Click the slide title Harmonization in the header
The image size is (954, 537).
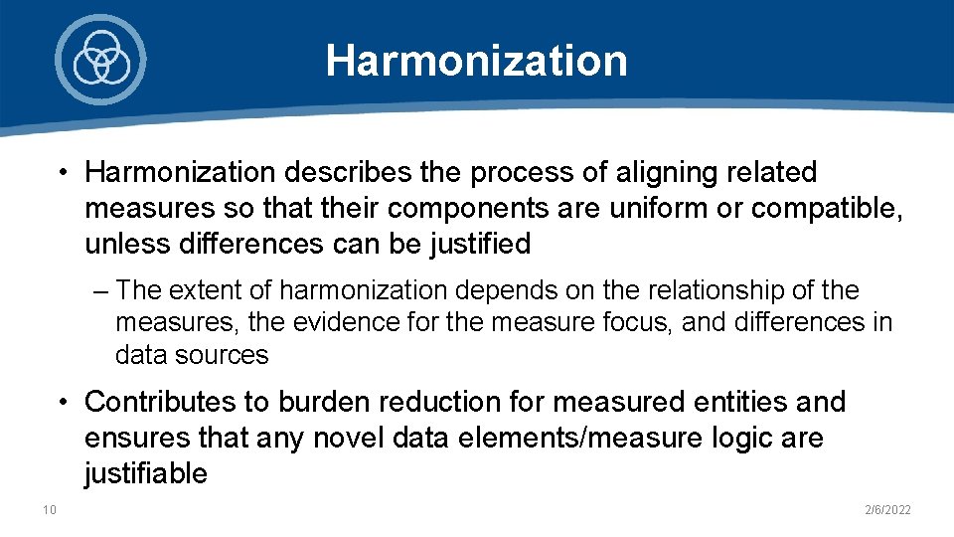pyautogui.click(x=476, y=60)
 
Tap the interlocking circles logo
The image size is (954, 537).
pyautogui.click(x=100, y=59)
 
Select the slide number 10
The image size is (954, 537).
pyautogui.click(x=50, y=510)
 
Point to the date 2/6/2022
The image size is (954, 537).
pyautogui.click(x=888, y=510)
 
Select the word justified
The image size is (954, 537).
pyautogui.click(x=473, y=243)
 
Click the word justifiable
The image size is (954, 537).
pyautogui.click(x=146, y=473)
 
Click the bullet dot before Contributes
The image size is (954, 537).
pyautogui.click(x=63, y=402)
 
